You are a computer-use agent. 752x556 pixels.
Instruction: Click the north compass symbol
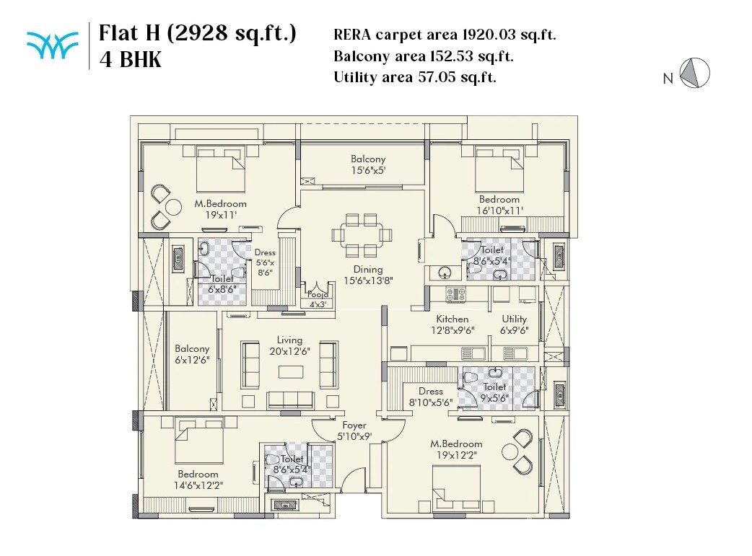pos(696,74)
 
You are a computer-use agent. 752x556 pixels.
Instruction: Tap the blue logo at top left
pos(52,45)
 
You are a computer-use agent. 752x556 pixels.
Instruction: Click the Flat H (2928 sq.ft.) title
pos(197,34)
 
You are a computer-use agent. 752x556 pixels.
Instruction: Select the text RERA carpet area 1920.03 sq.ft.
pos(445,35)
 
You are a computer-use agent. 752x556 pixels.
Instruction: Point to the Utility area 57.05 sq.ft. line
pos(415,77)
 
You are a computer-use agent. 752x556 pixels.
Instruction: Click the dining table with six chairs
pos(362,234)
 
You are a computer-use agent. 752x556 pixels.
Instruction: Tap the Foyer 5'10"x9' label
pos(354,431)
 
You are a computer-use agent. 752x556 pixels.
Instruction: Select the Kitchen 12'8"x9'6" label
pos(452,325)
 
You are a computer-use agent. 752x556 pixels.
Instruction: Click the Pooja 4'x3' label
pos(318,299)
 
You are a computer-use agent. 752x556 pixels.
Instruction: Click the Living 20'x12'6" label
pos(289,345)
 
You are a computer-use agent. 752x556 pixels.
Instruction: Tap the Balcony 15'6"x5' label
pos(368,164)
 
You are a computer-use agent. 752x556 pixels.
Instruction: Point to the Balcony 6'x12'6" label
pos(192,354)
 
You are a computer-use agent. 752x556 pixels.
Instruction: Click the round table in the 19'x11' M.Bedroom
pos(172,208)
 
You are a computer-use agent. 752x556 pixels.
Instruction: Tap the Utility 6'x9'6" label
pos(515,325)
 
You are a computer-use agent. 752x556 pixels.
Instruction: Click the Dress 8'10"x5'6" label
pos(431,397)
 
